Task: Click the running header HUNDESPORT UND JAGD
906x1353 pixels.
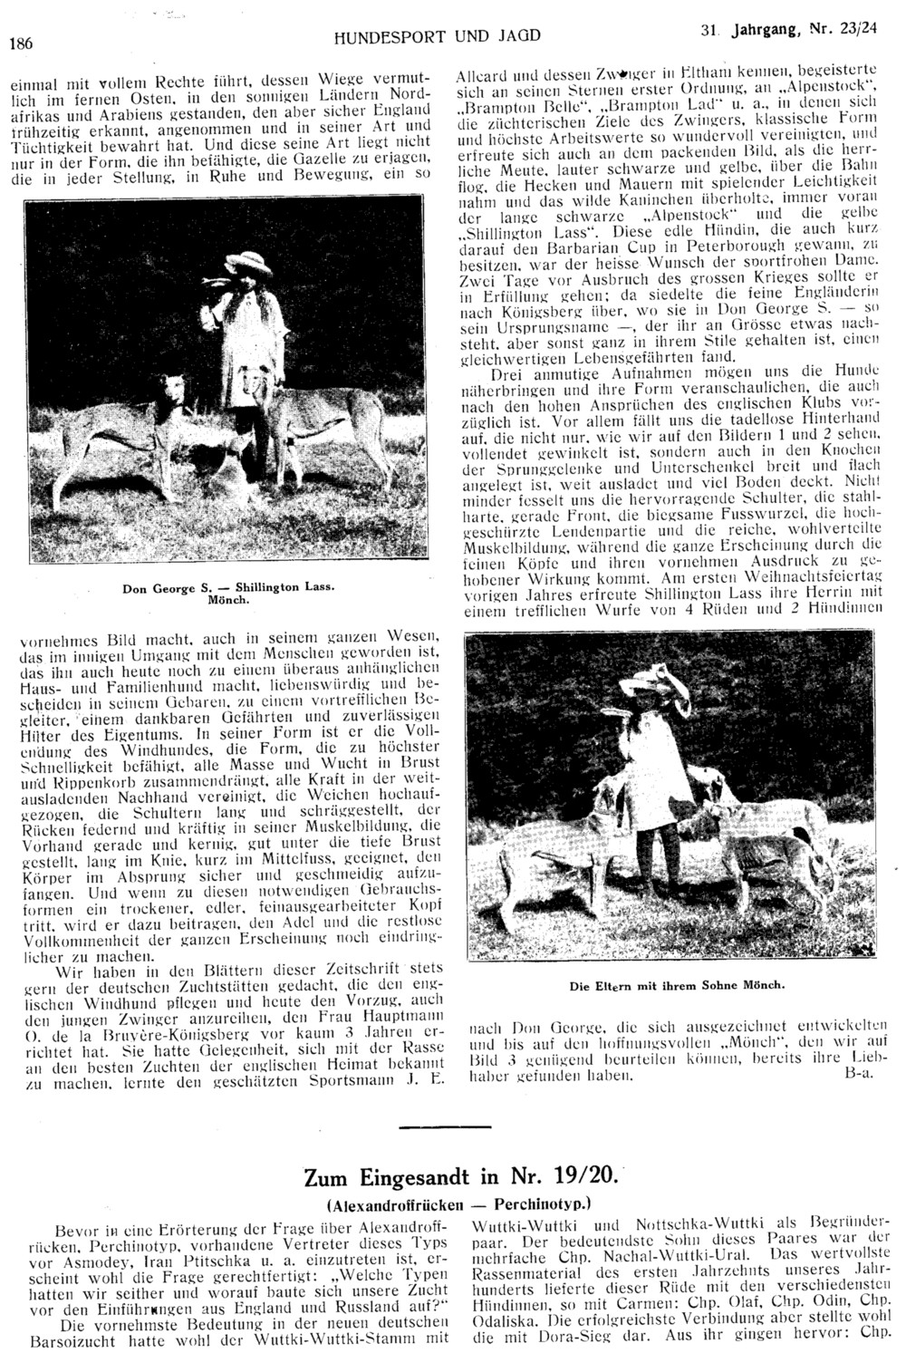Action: tap(438, 37)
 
